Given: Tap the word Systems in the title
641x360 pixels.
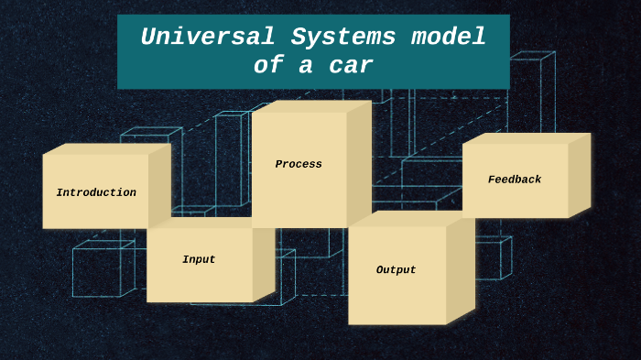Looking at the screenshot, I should click(343, 38).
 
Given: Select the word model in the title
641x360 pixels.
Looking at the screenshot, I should click(448, 38).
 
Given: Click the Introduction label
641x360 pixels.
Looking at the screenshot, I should click(96, 193).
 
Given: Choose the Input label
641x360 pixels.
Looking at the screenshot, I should click(199, 260).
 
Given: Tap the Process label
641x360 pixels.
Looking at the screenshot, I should click(299, 165).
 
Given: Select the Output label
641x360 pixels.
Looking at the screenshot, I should click(396, 270).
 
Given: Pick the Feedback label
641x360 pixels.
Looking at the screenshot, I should click(515, 180).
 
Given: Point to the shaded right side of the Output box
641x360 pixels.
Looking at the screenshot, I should click(461, 267).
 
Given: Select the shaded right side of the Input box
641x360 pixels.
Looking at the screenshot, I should click(264, 261).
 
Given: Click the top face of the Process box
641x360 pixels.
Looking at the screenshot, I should click(311, 106).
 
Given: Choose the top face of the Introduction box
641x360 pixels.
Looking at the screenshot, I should click(106, 148).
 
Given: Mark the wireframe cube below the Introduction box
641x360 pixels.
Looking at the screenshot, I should click(98, 270).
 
